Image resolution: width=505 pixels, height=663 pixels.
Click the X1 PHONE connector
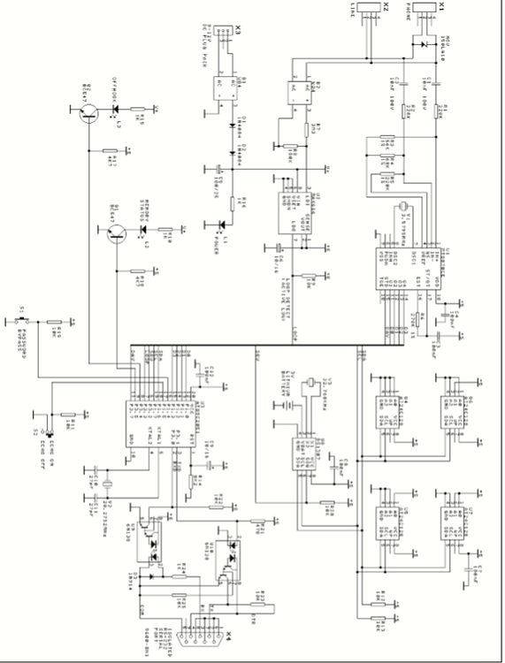click(x=424, y=8)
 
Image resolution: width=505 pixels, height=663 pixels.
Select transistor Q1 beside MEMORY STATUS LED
click(x=115, y=233)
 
